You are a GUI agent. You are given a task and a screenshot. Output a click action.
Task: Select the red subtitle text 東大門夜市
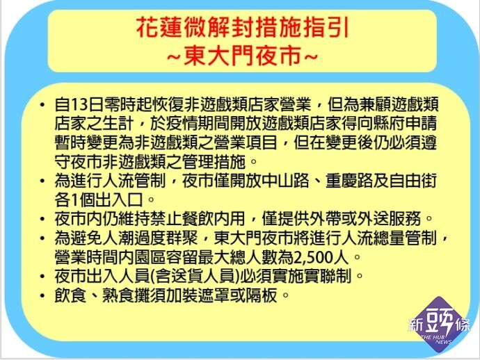click(x=243, y=56)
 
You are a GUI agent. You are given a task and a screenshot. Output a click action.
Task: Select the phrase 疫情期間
click(x=199, y=124)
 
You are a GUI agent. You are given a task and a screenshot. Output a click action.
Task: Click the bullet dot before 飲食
click(x=42, y=295)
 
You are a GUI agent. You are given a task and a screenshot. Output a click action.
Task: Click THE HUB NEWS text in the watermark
click(x=437, y=339)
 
